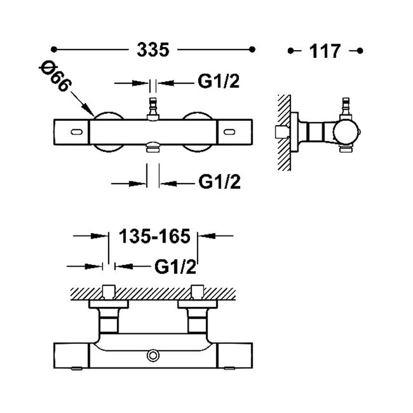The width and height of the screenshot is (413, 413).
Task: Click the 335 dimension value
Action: point(153,50)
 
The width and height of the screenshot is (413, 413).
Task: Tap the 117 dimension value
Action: point(325,51)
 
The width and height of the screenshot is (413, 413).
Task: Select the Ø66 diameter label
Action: point(55,76)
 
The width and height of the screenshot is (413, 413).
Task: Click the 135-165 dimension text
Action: point(155,236)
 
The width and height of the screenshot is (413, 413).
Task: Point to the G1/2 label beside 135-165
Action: point(175,267)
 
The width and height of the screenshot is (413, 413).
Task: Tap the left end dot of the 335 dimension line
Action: point(54,49)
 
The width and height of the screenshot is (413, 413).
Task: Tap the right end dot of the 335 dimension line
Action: point(253,49)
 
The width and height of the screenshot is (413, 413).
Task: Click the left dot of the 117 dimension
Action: point(290,51)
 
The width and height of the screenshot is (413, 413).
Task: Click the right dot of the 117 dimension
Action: point(360,51)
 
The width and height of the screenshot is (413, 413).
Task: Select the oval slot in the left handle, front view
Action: point(77,132)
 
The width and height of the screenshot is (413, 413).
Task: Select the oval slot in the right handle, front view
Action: point(230,132)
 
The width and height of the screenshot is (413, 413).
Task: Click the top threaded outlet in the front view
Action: point(153,109)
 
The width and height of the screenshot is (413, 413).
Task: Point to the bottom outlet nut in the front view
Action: point(153,147)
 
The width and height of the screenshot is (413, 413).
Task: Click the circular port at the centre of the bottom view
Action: point(153,355)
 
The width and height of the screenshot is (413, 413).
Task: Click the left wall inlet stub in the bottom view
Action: point(109,292)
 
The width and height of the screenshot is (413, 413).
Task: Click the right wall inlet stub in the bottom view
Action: point(198,292)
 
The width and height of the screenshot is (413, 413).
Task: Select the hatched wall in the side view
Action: point(284,133)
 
